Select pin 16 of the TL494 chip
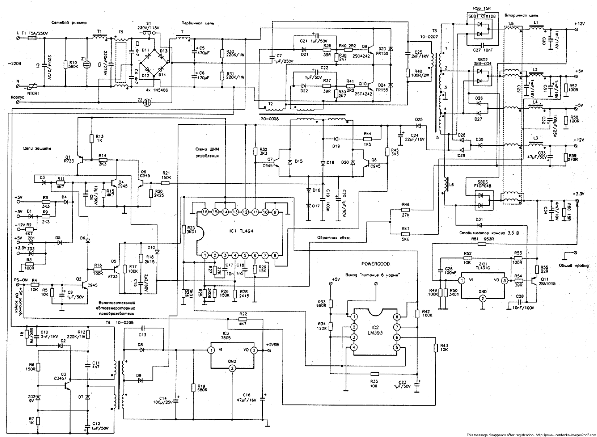(204, 212)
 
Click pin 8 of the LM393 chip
(397, 317)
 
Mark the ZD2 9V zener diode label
(31, 399)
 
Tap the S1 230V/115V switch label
(148, 26)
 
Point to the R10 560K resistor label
(73, 64)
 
